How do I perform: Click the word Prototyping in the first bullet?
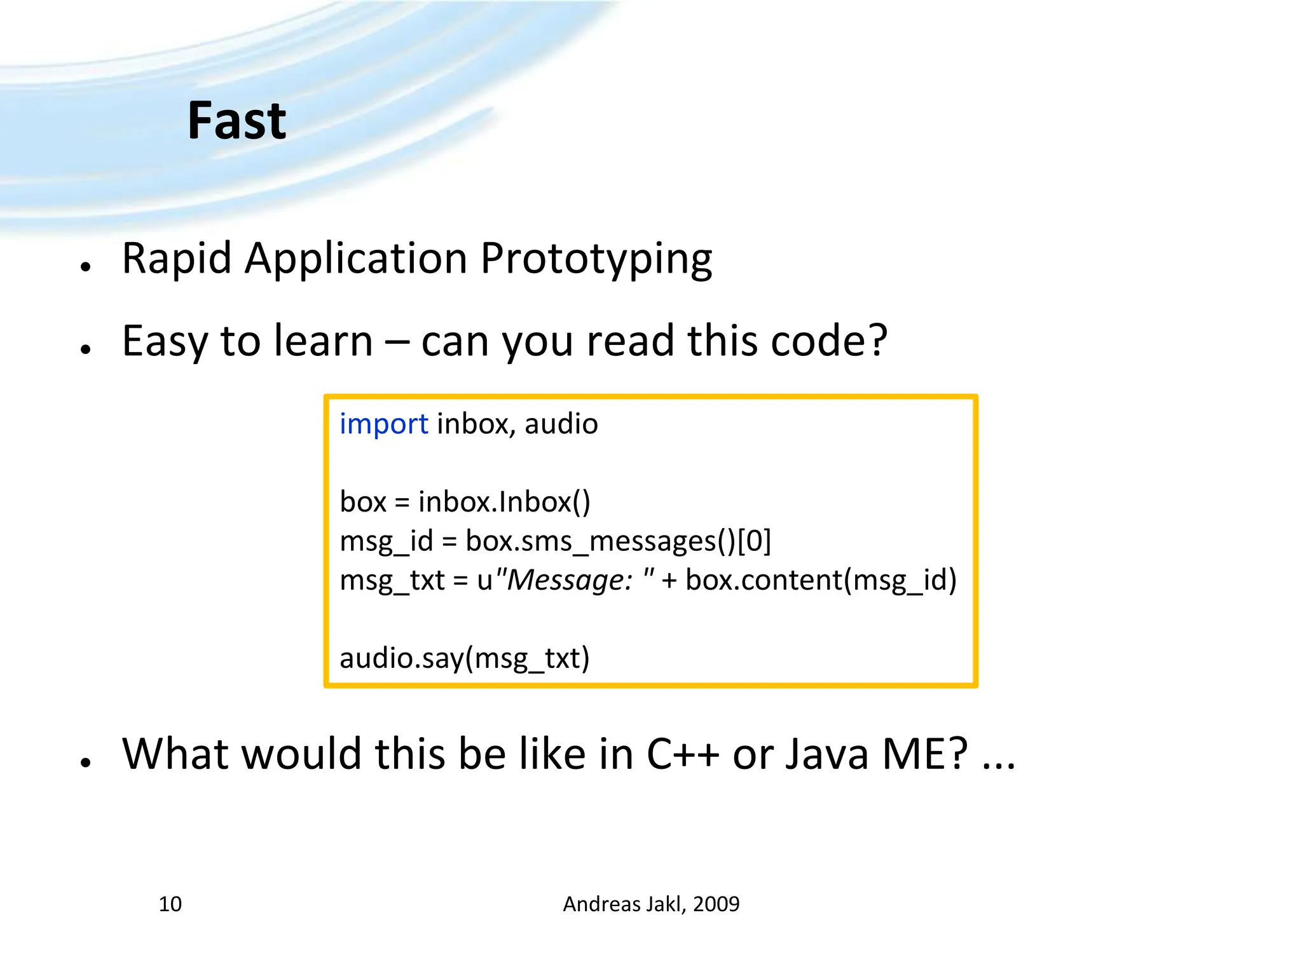tap(596, 259)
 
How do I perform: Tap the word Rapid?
tap(176, 259)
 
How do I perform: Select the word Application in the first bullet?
tap(356, 259)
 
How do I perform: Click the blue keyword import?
tap(383, 424)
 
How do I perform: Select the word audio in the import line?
tap(561, 424)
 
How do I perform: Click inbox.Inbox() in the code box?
tap(504, 502)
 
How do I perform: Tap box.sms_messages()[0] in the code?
tap(618, 541)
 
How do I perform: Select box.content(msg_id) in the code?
tap(821, 580)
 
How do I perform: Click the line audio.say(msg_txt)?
tap(464, 658)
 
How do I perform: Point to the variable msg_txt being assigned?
tap(392, 580)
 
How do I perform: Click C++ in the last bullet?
tap(683, 754)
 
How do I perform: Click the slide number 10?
tap(170, 904)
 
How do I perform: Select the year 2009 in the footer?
tap(716, 904)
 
